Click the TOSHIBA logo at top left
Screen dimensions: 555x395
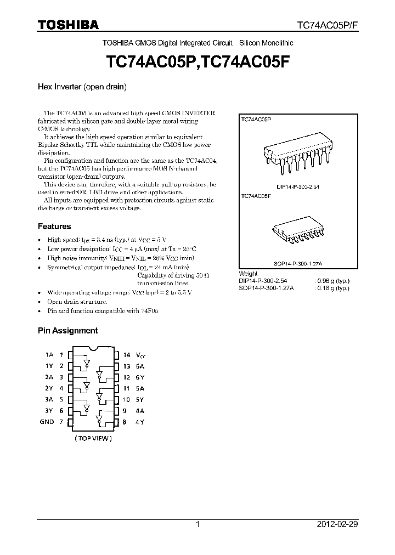68,25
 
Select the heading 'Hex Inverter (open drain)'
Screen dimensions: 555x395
82,87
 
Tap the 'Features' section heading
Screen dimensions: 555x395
54,226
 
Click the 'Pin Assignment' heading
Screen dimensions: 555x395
67,331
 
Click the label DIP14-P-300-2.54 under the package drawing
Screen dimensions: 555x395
298,188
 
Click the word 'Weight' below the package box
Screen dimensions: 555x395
248,274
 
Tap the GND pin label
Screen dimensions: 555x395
47,422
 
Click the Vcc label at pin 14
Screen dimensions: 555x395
142,355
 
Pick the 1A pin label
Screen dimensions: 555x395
49,355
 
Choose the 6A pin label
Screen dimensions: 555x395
140,366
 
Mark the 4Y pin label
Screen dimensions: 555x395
140,422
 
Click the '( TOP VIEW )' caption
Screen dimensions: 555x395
93,438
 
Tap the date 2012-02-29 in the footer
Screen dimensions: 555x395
337,524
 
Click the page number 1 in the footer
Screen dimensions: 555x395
198,524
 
